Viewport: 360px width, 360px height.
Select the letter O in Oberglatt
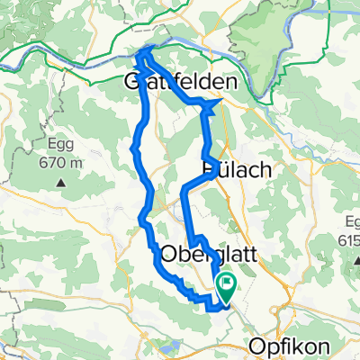point(168,255)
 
